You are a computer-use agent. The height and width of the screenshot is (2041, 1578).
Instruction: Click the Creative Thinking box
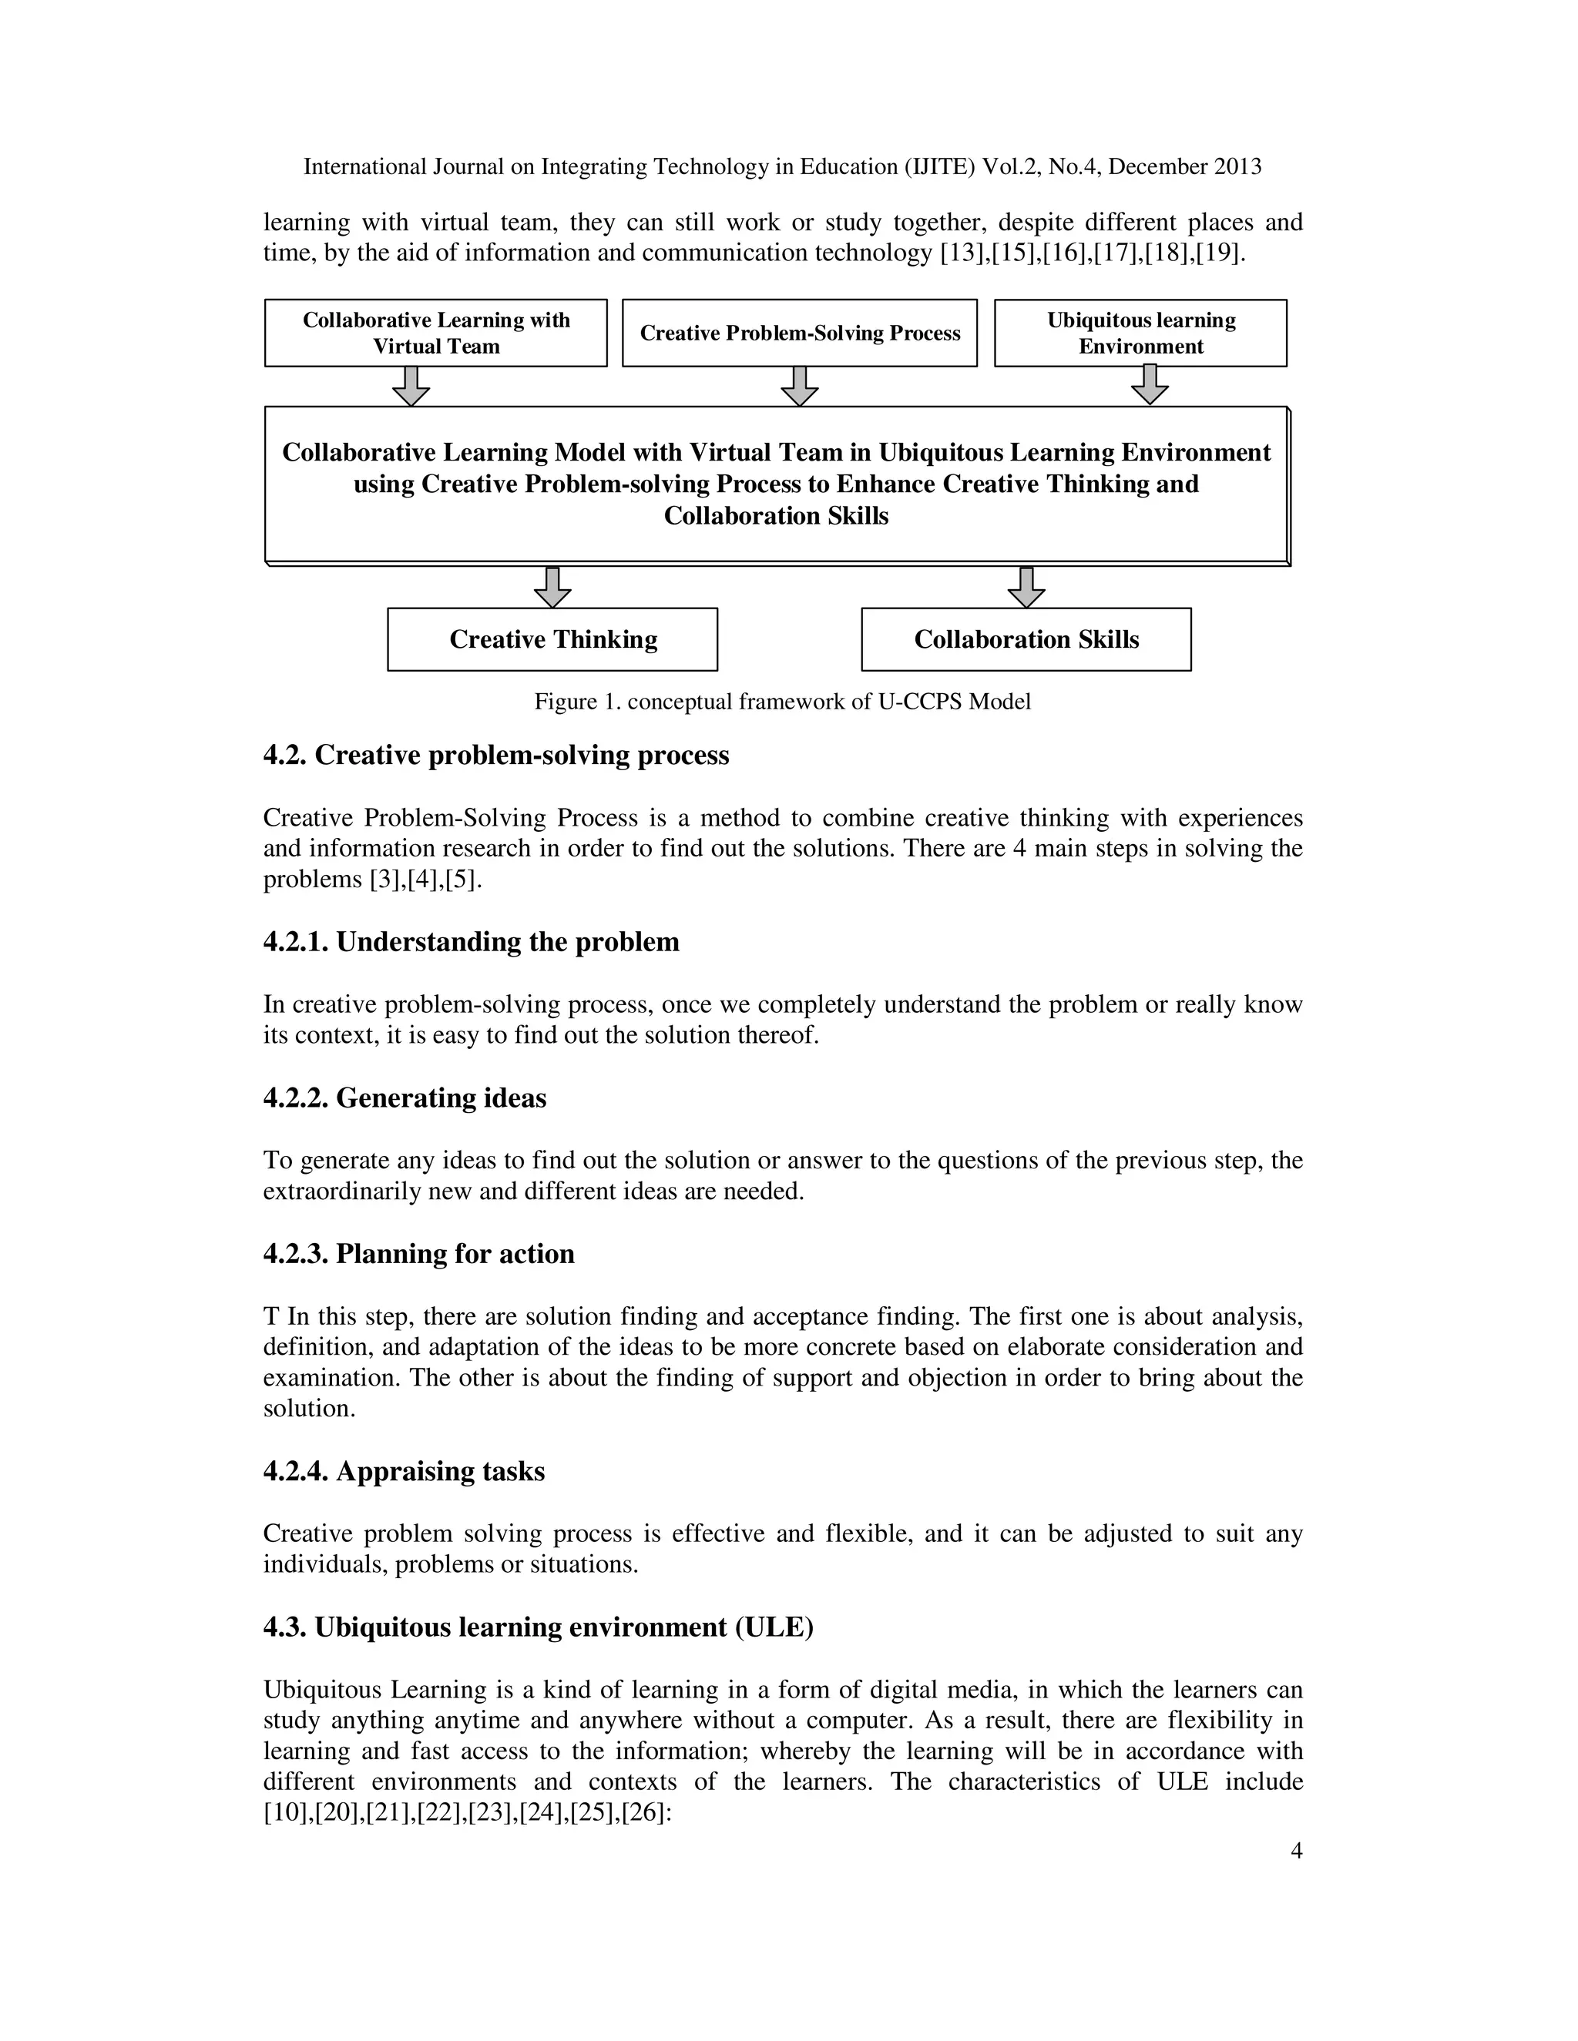pyautogui.click(x=552, y=639)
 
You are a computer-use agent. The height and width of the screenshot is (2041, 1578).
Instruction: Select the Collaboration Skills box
pyautogui.click(x=1026, y=639)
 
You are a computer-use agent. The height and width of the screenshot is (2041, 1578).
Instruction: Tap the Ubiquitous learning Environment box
pyautogui.click(x=1140, y=333)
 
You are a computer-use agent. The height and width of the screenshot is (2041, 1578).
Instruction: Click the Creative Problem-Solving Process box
pyautogui.click(x=799, y=333)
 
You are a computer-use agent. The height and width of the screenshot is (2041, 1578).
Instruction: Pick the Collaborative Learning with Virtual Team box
pyautogui.click(x=435, y=333)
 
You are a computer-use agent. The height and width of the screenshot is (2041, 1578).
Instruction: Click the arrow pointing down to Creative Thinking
pyautogui.click(x=552, y=586)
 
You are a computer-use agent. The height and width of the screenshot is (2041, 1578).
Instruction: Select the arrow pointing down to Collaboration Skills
pyautogui.click(x=1026, y=586)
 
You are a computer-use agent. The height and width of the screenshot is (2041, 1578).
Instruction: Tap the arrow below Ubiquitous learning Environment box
pyautogui.click(x=1149, y=384)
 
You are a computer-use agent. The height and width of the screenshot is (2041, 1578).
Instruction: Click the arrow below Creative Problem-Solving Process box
pyautogui.click(x=799, y=385)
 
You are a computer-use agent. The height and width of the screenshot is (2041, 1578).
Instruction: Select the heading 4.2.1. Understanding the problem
pyautogui.click(x=471, y=941)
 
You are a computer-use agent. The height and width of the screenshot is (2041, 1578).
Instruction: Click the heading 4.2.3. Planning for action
pyautogui.click(x=419, y=1253)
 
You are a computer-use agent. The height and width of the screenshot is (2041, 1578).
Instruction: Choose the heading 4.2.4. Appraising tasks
pyautogui.click(x=404, y=1471)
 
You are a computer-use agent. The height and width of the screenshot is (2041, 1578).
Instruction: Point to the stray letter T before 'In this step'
pyautogui.click(x=271, y=1317)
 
